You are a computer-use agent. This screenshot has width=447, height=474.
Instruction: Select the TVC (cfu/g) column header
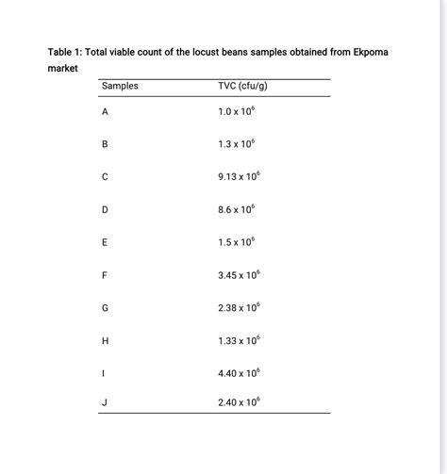point(243,87)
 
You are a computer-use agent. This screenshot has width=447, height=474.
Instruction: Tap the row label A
point(105,112)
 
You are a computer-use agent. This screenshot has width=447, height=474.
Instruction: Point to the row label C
point(105,177)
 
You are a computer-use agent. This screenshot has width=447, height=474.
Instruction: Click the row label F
point(105,275)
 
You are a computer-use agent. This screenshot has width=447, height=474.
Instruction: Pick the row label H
point(105,340)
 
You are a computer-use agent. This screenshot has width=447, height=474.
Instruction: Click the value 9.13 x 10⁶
point(239,176)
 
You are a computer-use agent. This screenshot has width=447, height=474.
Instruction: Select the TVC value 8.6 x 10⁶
point(236,209)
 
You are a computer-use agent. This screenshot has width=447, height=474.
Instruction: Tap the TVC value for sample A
point(236,111)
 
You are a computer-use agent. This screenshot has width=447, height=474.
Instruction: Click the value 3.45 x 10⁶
point(239,274)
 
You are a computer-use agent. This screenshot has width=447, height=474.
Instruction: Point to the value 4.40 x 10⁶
point(239,372)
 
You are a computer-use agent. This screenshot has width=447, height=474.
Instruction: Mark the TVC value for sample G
point(239,307)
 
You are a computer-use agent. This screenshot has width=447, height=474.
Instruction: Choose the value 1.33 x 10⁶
point(239,339)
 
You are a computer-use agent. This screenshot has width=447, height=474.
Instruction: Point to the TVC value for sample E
point(236,242)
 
